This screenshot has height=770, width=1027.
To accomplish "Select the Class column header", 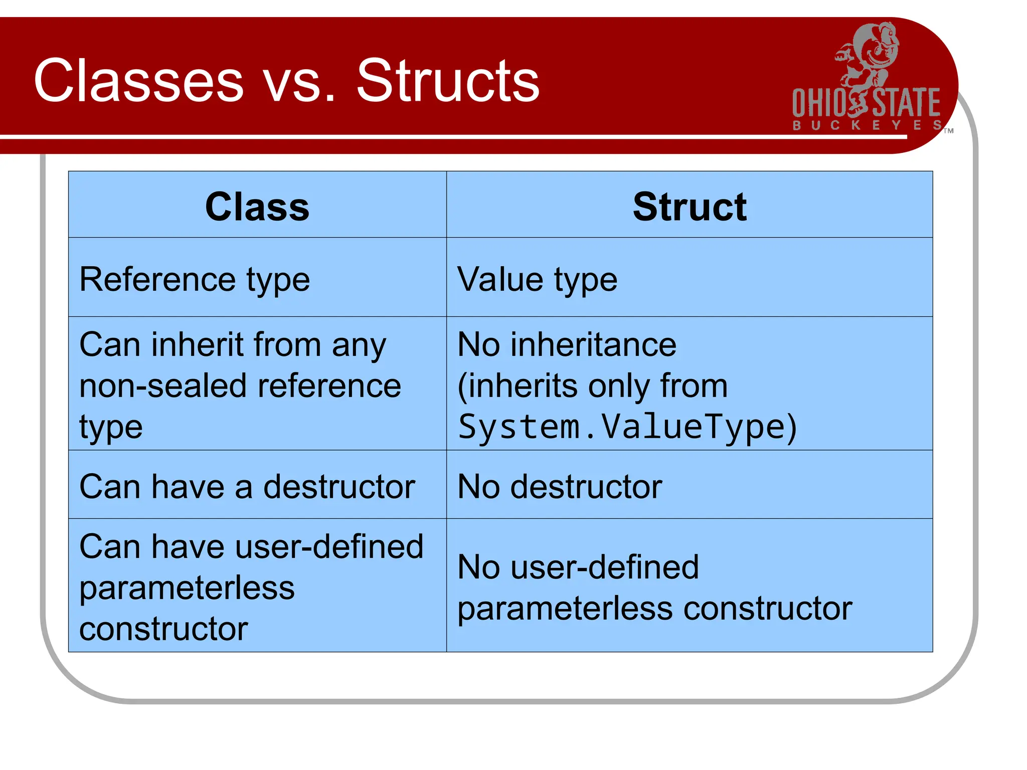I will click(x=257, y=207).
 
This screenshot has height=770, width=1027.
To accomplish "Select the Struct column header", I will click(x=690, y=207).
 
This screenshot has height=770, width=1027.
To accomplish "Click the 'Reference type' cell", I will click(x=195, y=279).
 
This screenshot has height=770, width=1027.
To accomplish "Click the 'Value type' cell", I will click(x=537, y=279).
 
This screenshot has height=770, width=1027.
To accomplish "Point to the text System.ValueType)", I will click(x=627, y=427).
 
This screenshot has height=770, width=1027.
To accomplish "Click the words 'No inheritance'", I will click(x=567, y=345).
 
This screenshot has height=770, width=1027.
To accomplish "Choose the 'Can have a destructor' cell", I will click(x=247, y=487).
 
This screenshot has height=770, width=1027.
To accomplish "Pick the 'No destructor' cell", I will click(x=560, y=487).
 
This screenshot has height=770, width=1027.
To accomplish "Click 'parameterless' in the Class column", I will click(x=187, y=588).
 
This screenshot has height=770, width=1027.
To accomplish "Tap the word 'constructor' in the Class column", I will click(x=163, y=629).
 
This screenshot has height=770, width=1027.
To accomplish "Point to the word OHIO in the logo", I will click(x=819, y=103).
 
